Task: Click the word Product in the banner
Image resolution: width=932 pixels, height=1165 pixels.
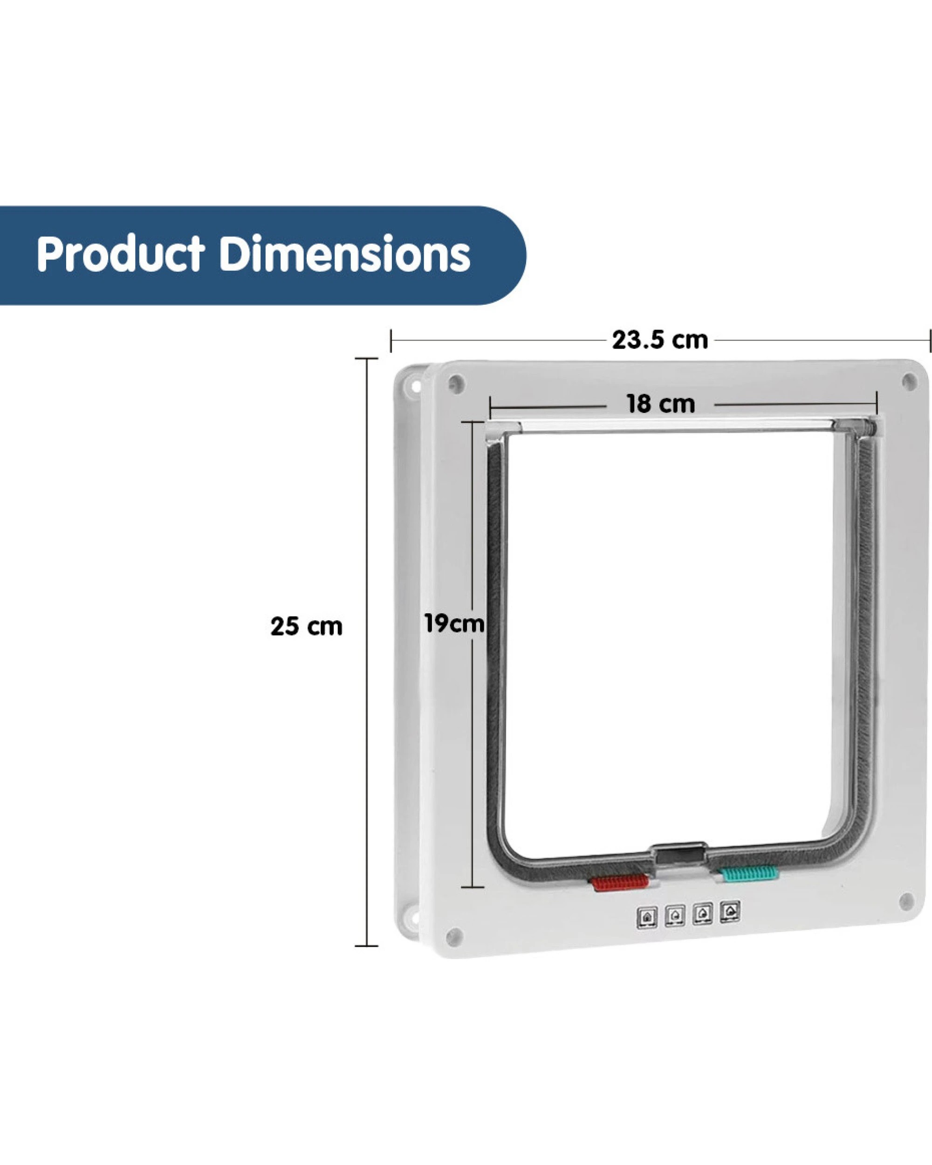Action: [x=120, y=254]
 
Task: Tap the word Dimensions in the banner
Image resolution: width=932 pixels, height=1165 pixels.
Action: [x=345, y=254]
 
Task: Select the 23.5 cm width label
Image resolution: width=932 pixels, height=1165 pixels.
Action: [x=660, y=341]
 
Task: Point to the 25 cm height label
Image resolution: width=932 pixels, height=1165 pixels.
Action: [x=306, y=627]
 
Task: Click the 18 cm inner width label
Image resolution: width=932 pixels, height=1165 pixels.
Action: [x=660, y=404]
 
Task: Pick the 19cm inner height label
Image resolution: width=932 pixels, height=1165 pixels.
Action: [x=454, y=624]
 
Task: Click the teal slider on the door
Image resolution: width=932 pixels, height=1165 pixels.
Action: [x=749, y=873]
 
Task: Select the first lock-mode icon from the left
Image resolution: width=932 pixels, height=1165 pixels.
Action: [x=647, y=917]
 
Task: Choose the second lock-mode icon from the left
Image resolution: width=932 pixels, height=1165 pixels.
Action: [x=675, y=915]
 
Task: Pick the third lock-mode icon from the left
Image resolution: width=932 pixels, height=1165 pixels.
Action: [x=702, y=914]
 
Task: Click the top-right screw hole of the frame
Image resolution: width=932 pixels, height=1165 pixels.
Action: [x=909, y=382]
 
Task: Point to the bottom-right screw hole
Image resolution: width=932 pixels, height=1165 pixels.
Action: [x=906, y=901]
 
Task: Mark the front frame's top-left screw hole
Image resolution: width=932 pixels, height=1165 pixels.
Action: [x=456, y=384]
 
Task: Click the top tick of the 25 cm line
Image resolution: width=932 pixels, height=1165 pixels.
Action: [x=366, y=359]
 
